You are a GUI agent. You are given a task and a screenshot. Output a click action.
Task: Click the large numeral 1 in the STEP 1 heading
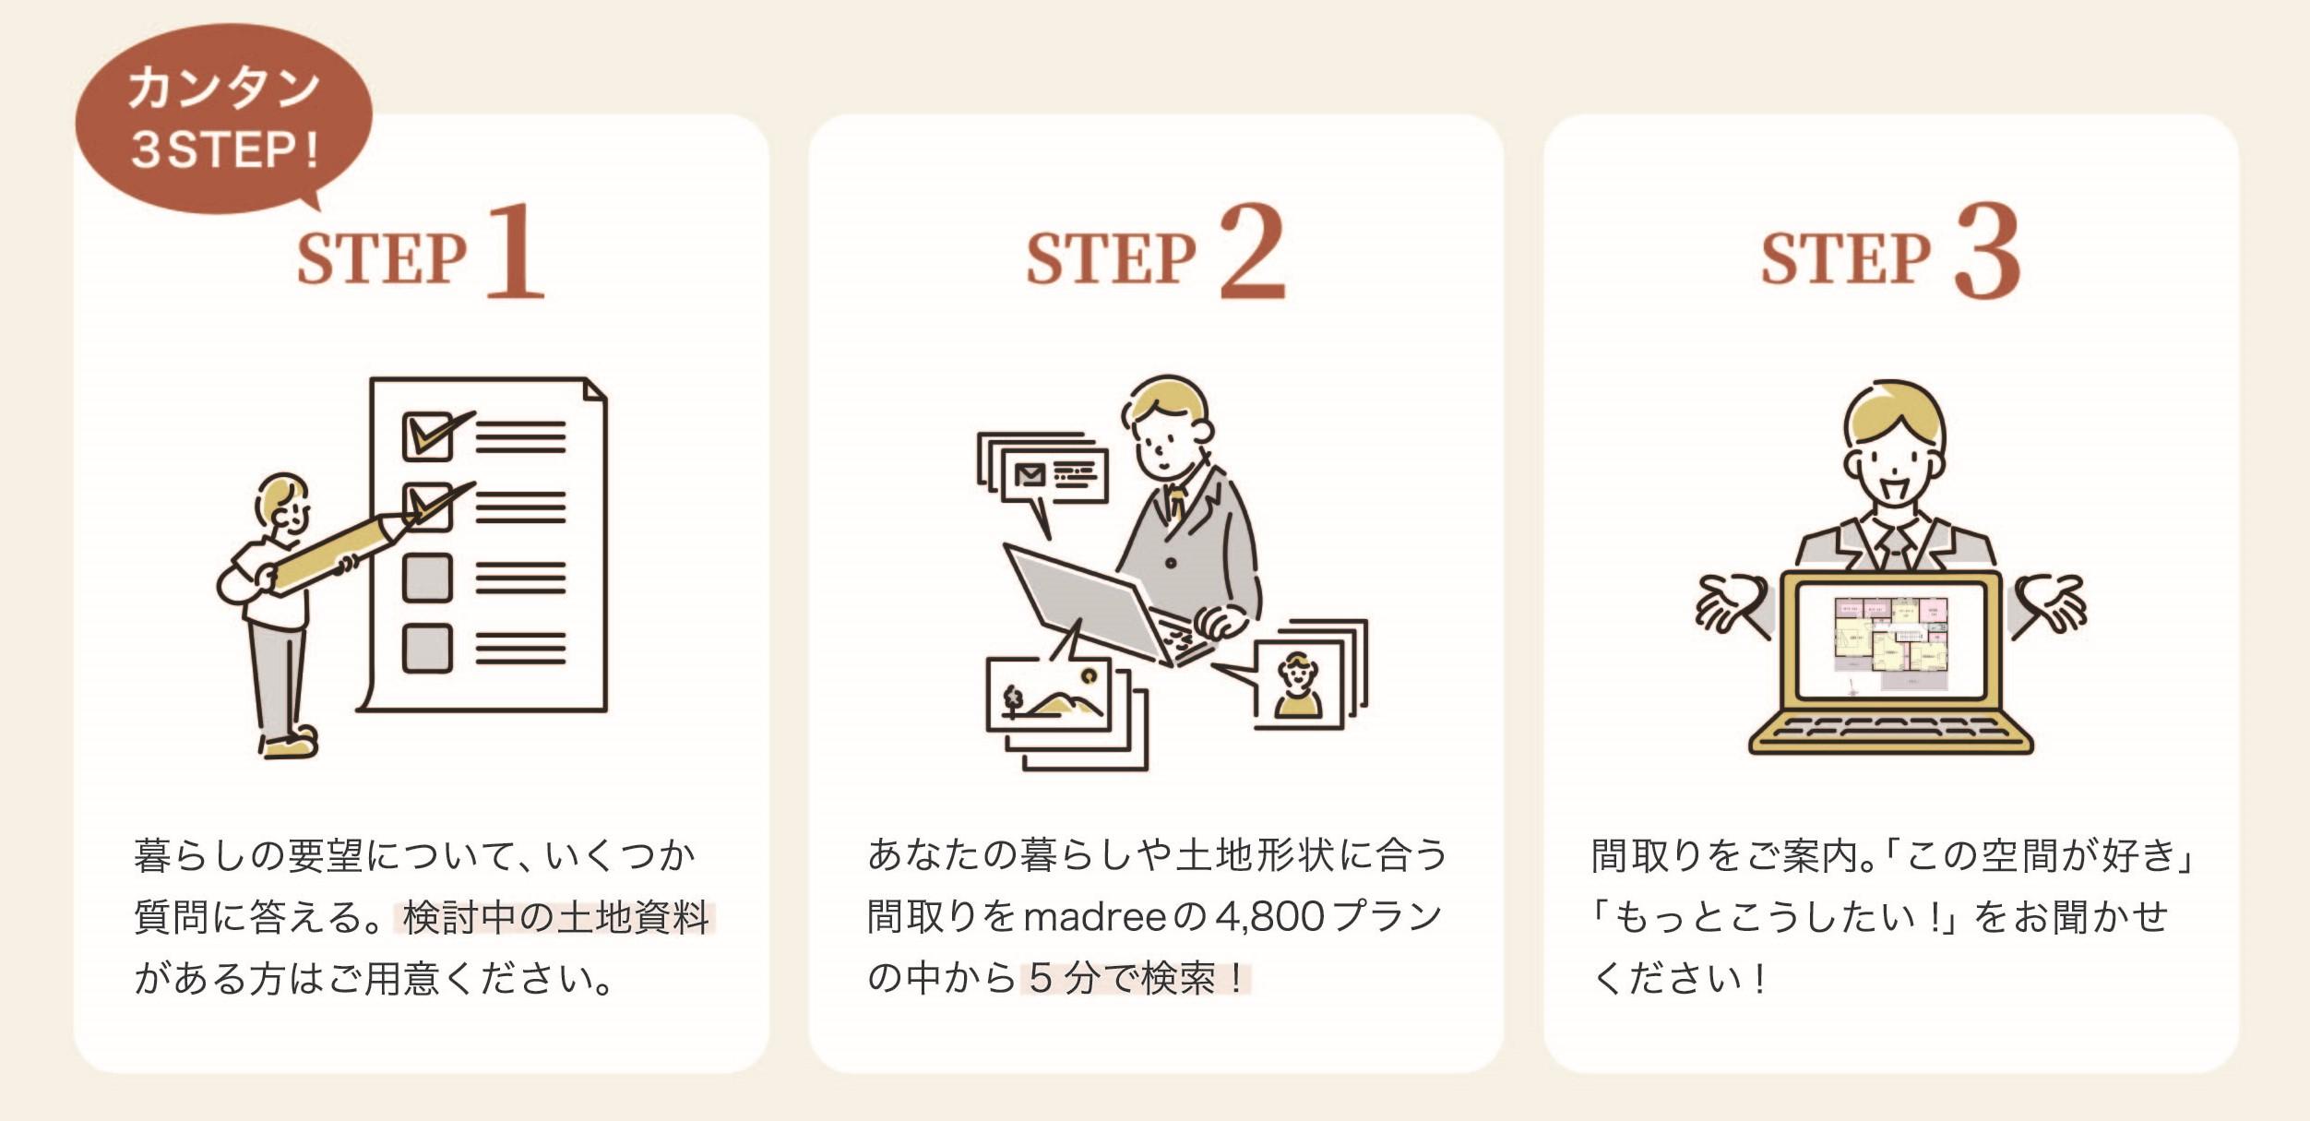[x=516, y=251]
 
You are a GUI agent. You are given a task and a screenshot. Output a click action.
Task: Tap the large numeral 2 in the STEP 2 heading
[x=1252, y=251]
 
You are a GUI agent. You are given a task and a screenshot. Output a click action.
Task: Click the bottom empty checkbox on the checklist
[x=427, y=648]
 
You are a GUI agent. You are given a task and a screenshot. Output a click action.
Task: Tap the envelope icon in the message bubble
[x=1029, y=475]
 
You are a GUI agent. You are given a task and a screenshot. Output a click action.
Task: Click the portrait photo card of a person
[x=1297, y=685]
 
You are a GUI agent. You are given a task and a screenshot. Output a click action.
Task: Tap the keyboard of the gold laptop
[x=1891, y=729]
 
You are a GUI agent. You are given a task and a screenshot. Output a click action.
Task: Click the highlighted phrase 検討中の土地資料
[x=555, y=918]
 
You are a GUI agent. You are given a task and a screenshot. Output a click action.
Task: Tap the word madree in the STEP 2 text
[x=1095, y=918]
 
